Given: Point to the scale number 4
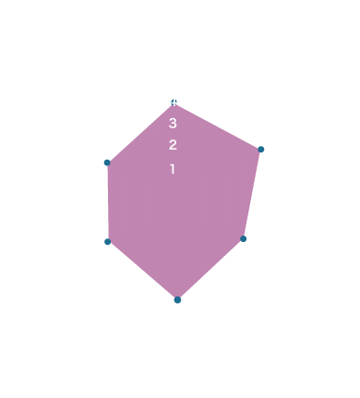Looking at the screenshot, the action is point(173,98).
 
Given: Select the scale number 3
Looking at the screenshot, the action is point(173,122).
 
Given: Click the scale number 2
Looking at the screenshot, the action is point(173,145).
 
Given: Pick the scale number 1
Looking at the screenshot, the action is point(173,169).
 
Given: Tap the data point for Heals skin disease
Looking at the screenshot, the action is point(261,149).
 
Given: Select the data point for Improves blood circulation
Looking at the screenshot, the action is point(243,238).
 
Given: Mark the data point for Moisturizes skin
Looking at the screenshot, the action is point(177,299).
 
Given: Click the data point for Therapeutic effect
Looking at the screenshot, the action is point(109,241).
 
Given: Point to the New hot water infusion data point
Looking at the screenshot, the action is point(109,163).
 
